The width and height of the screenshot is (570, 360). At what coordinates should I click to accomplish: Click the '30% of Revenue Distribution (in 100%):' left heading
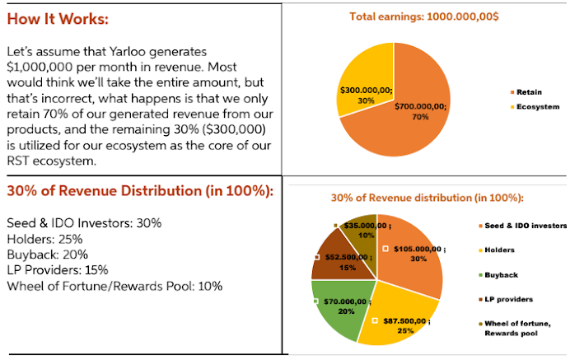(140, 190)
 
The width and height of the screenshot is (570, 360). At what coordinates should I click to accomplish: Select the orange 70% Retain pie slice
(412, 124)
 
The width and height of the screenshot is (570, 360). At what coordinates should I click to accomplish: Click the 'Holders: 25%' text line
(41, 239)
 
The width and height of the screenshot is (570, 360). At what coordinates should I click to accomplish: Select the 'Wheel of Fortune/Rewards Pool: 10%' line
(114, 286)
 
